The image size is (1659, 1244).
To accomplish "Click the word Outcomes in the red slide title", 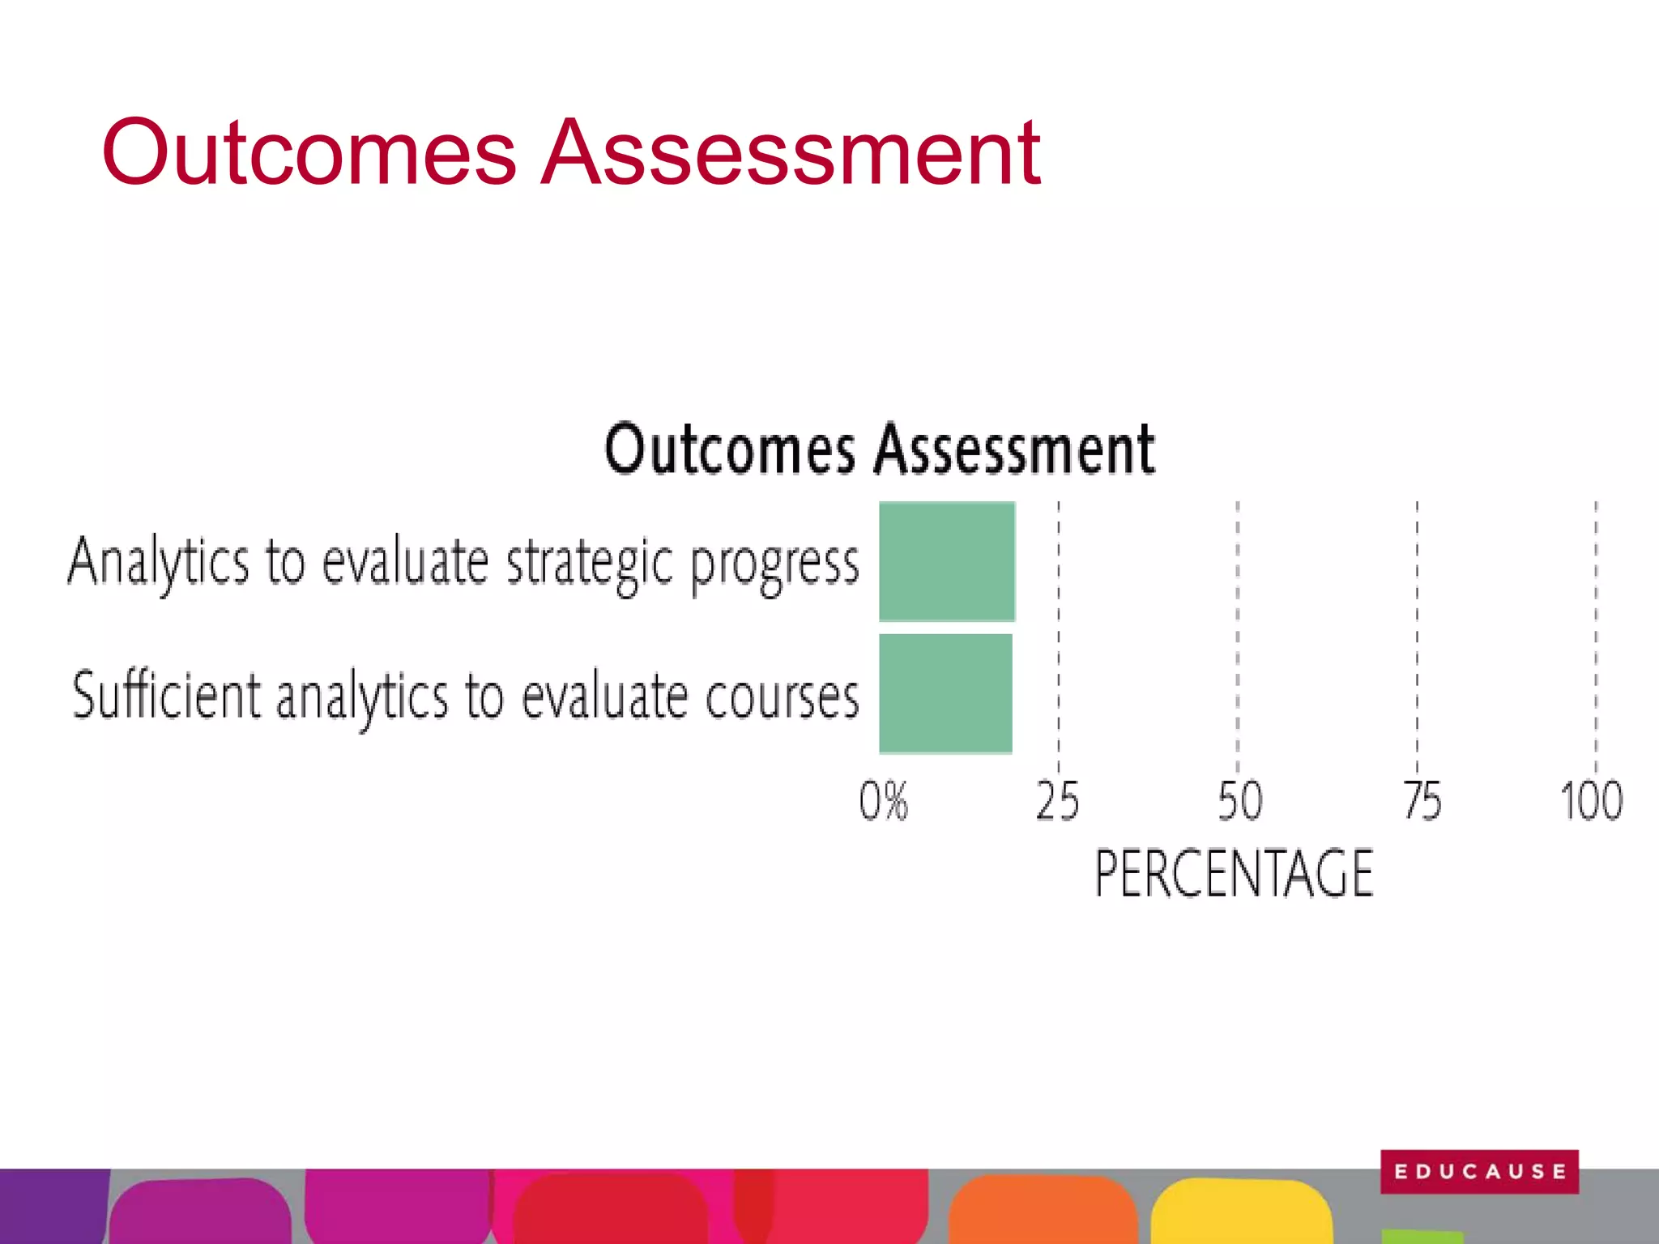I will click(x=308, y=152).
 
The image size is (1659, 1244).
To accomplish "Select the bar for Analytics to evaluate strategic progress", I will click(x=946, y=561).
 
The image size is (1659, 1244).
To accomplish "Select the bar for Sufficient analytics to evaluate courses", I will click(x=945, y=693).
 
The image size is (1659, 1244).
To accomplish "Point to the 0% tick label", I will click(x=883, y=801).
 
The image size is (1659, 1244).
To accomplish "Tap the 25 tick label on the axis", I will click(x=1057, y=801).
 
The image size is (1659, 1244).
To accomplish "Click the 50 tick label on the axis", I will click(x=1239, y=801).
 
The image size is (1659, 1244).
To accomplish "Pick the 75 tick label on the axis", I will click(x=1422, y=801).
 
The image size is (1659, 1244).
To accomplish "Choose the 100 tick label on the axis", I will click(x=1591, y=801).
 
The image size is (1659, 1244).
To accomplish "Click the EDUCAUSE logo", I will click(x=1479, y=1171).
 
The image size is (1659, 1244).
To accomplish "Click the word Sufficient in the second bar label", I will click(x=167, y=695).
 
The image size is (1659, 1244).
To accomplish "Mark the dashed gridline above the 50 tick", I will click(x=1237, y=632).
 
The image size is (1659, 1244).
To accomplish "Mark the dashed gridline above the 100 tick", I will click(x=1596, y=632).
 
